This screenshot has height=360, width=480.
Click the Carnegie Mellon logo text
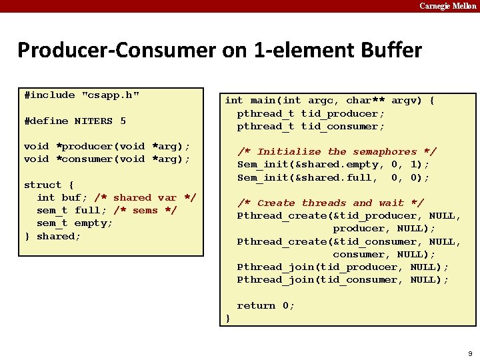pyautogui.click(x=448, y=6)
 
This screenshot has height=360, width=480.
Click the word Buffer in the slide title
pyautogui.click(x=387, y=50)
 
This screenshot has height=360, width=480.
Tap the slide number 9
pyautogui.click(x=470, y=352)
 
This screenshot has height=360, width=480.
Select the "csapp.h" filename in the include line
pyautogui.click(x=111, y=95)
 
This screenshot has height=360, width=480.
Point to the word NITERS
pyautogui.click(x=93, y=121)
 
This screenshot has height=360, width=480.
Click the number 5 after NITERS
pyautogui.click(x=123, y=121)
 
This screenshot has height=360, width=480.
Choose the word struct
pyautogui.click(x=43, y=185)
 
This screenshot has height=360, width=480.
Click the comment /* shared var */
pyautogui.click(x=145, y=197)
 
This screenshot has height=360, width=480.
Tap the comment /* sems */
pyautogui.click(x=136, y=210)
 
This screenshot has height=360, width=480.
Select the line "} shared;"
pyautogui.click(x=52, y=236)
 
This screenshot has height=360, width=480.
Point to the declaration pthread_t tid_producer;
pyautogui.click(x=311, y=113)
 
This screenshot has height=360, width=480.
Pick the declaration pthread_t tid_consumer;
pyautogui.click(x=311, y=126)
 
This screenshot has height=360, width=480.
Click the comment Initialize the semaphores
pyautogui.click(x=337, y=152)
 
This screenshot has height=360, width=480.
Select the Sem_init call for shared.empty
pyautogui.click(x=333, y=165)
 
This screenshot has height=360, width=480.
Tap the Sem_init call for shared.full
pyautogui.click(x=333, y=177)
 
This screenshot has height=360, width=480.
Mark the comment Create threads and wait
pyautogui.click(x=331, y=203)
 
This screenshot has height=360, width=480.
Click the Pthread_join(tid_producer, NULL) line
pyautogui.click(x=343, y=267)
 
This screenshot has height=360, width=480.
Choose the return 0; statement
pyautogui.click(x=266, y=305)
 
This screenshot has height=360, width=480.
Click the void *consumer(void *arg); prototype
pyautogui.click(x=107, y=159)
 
